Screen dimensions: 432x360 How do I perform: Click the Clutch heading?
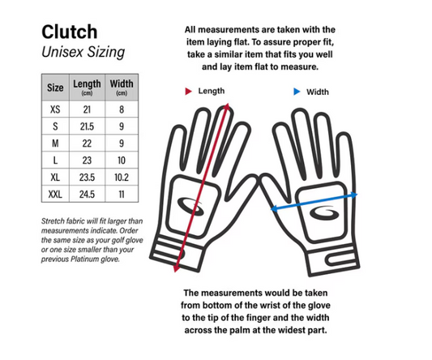pos(70,32)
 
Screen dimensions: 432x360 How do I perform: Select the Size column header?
pos(55,88)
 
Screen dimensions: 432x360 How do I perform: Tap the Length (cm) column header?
pos(87,88)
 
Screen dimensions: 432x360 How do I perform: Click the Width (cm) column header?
pos(122,88)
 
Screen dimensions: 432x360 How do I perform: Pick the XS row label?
pos(55,109)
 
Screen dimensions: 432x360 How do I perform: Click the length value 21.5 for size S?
pos(87,126)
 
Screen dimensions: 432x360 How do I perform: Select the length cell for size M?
pos(87,144)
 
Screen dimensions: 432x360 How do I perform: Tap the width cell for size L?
pos(122,161)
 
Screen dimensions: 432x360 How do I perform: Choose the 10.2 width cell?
pos(122,178)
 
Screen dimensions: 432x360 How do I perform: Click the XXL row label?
pos(55,195)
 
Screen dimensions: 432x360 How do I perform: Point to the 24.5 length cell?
pos(87,195)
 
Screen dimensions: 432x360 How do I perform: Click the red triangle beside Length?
pos(188,91)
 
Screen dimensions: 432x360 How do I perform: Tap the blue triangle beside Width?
pos(297,92)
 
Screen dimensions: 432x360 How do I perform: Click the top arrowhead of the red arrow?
pos(227,106)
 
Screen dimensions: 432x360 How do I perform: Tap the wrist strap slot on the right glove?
pos(341,259)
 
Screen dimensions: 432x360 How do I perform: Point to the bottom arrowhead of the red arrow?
pos(176,268)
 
